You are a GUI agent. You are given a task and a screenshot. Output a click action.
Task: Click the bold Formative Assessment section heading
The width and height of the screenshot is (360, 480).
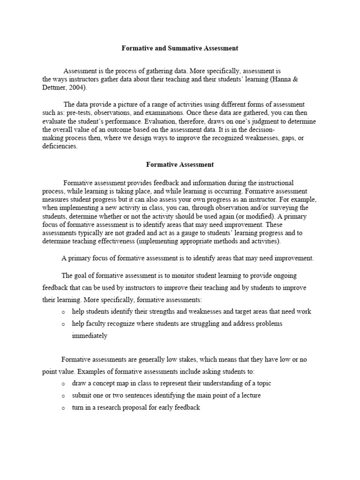pyautogui.click(x=180, y=165)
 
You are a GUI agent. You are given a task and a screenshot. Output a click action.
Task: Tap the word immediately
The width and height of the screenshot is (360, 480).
pyautogui.click(x=90, y=336)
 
